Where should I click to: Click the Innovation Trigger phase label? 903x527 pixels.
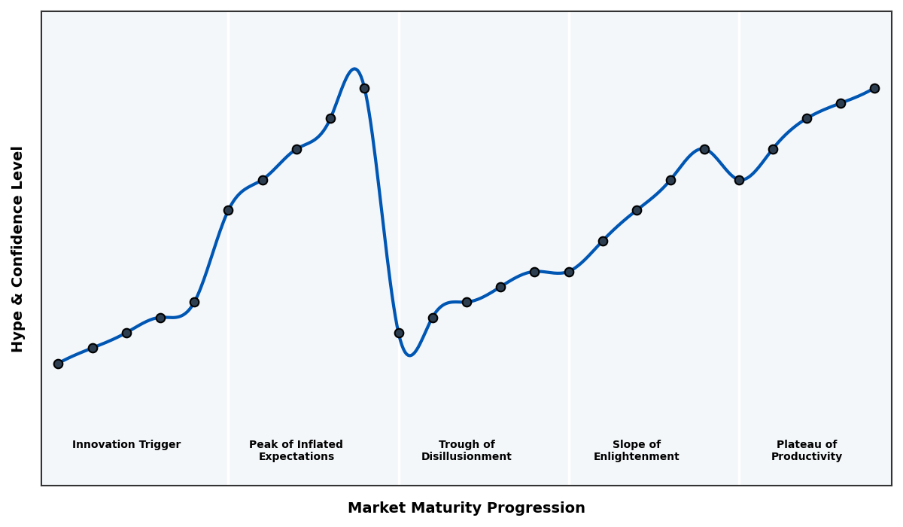point(126,445)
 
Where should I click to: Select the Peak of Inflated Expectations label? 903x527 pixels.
point(296,451)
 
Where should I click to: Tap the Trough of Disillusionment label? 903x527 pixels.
point(467,451)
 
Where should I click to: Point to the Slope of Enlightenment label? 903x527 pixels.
point(636,451)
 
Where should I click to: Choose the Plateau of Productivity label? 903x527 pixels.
point(807,451)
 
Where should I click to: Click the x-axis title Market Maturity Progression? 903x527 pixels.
point(466,508)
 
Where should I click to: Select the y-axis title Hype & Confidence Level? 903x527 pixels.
point(18,248)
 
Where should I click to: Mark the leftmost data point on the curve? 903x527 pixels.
point(58,364)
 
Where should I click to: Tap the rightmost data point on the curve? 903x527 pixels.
point(874,88)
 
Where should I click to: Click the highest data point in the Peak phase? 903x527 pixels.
point(364,88)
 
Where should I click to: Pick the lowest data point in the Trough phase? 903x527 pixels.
point(399,333)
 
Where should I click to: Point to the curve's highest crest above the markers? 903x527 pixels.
point(354,69)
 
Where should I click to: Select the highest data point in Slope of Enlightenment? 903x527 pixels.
point(704,149)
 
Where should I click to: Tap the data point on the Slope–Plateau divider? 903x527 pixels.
point(739,180)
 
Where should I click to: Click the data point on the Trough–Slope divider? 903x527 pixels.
point(569,272)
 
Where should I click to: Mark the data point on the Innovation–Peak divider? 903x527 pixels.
point(228,210)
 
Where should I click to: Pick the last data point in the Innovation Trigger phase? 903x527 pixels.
point(194,302)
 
